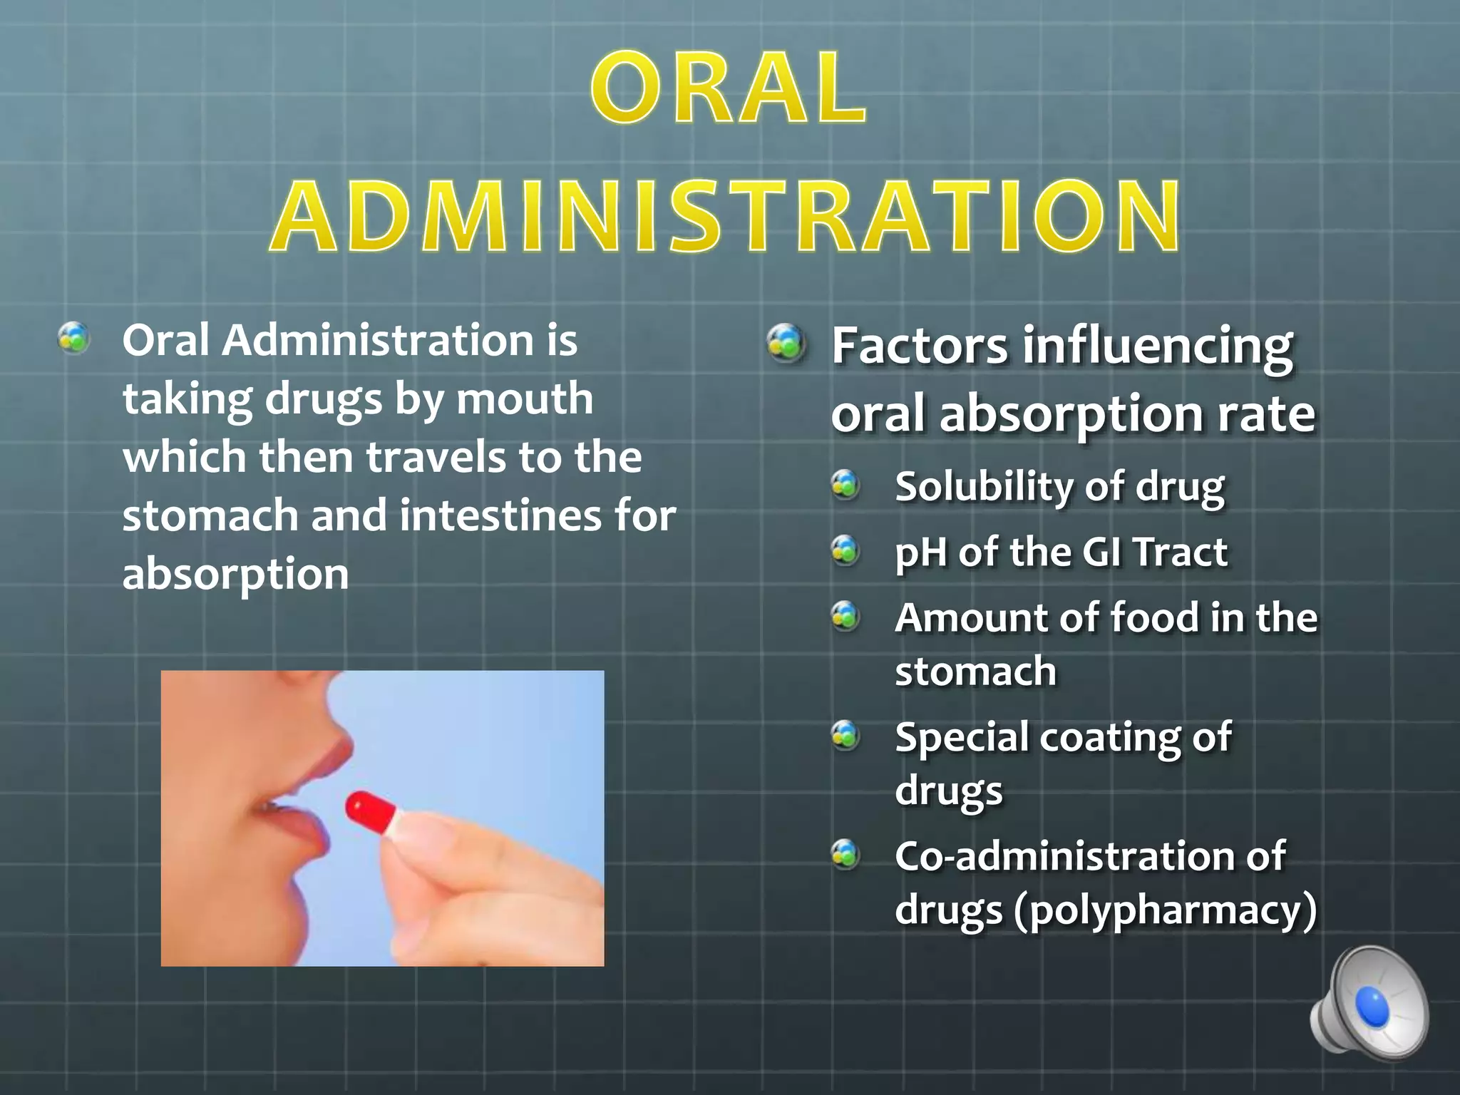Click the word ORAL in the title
point(729,88)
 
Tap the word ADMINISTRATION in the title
point(726,217)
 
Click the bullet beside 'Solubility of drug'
point(846,485)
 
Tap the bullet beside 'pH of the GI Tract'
point(846,550)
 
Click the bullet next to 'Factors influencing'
point(787,344)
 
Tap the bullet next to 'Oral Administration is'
point(73,338)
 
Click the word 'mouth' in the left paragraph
point(525,399)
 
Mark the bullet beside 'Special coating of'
point(846,735)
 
